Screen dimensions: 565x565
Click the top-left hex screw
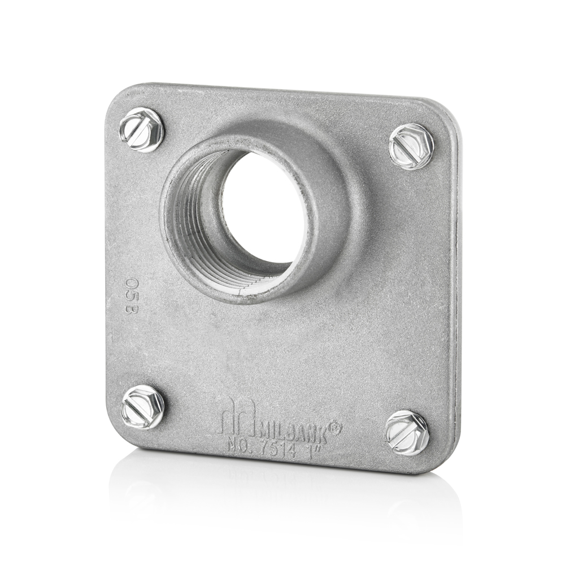point(141,130)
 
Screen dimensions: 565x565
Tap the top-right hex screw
point(411,146)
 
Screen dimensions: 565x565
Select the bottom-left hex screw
point(143,407)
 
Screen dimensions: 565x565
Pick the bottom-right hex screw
point(407,433)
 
